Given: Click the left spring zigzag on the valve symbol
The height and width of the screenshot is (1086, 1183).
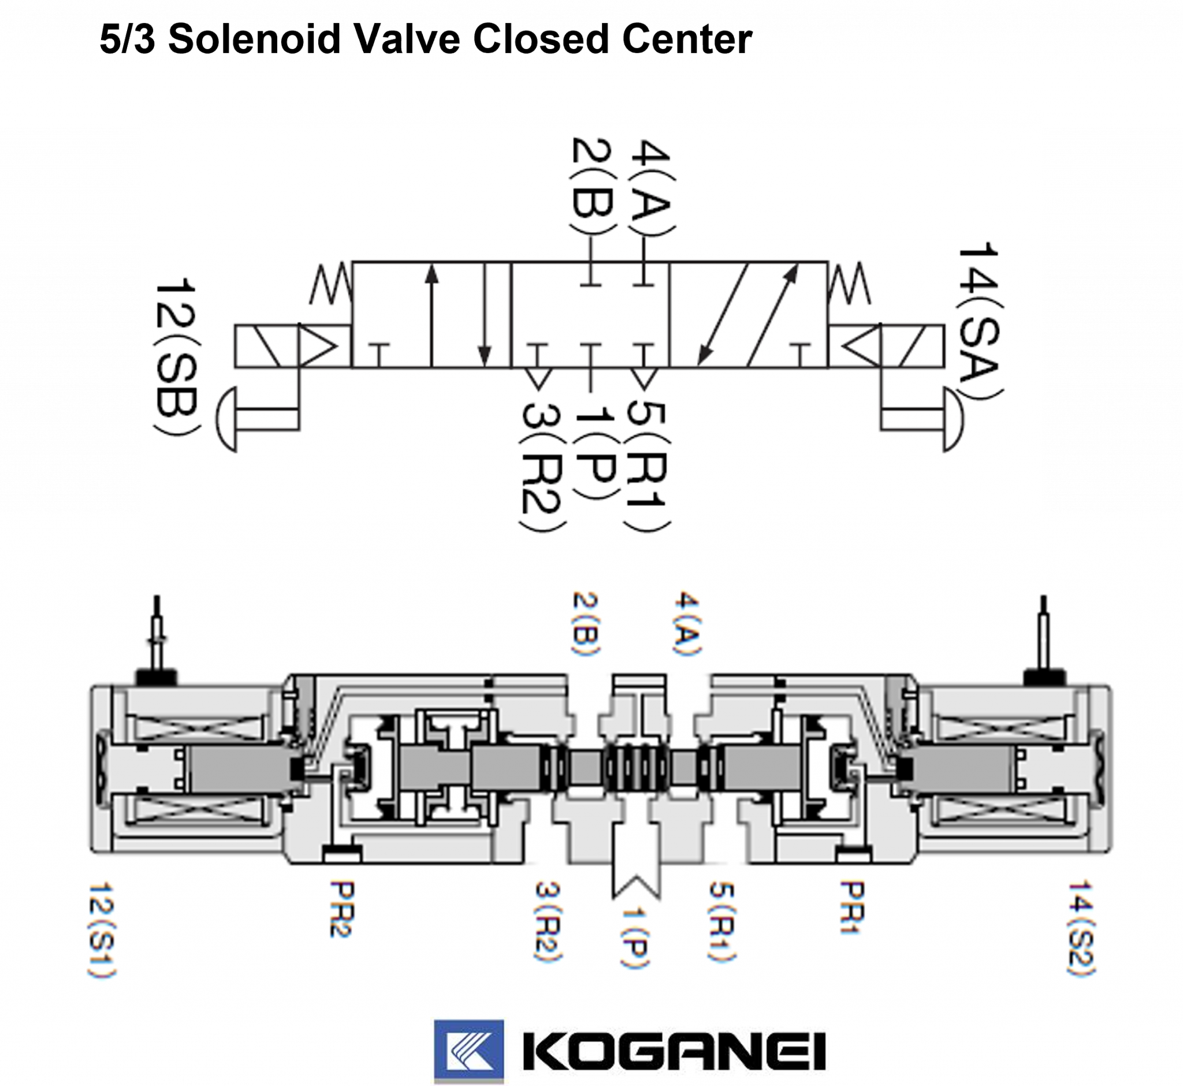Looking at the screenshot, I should (331, 285).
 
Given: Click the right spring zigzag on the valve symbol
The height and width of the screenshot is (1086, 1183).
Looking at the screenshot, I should (850, 285).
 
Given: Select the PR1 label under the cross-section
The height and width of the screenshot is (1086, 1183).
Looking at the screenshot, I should (852, 909).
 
